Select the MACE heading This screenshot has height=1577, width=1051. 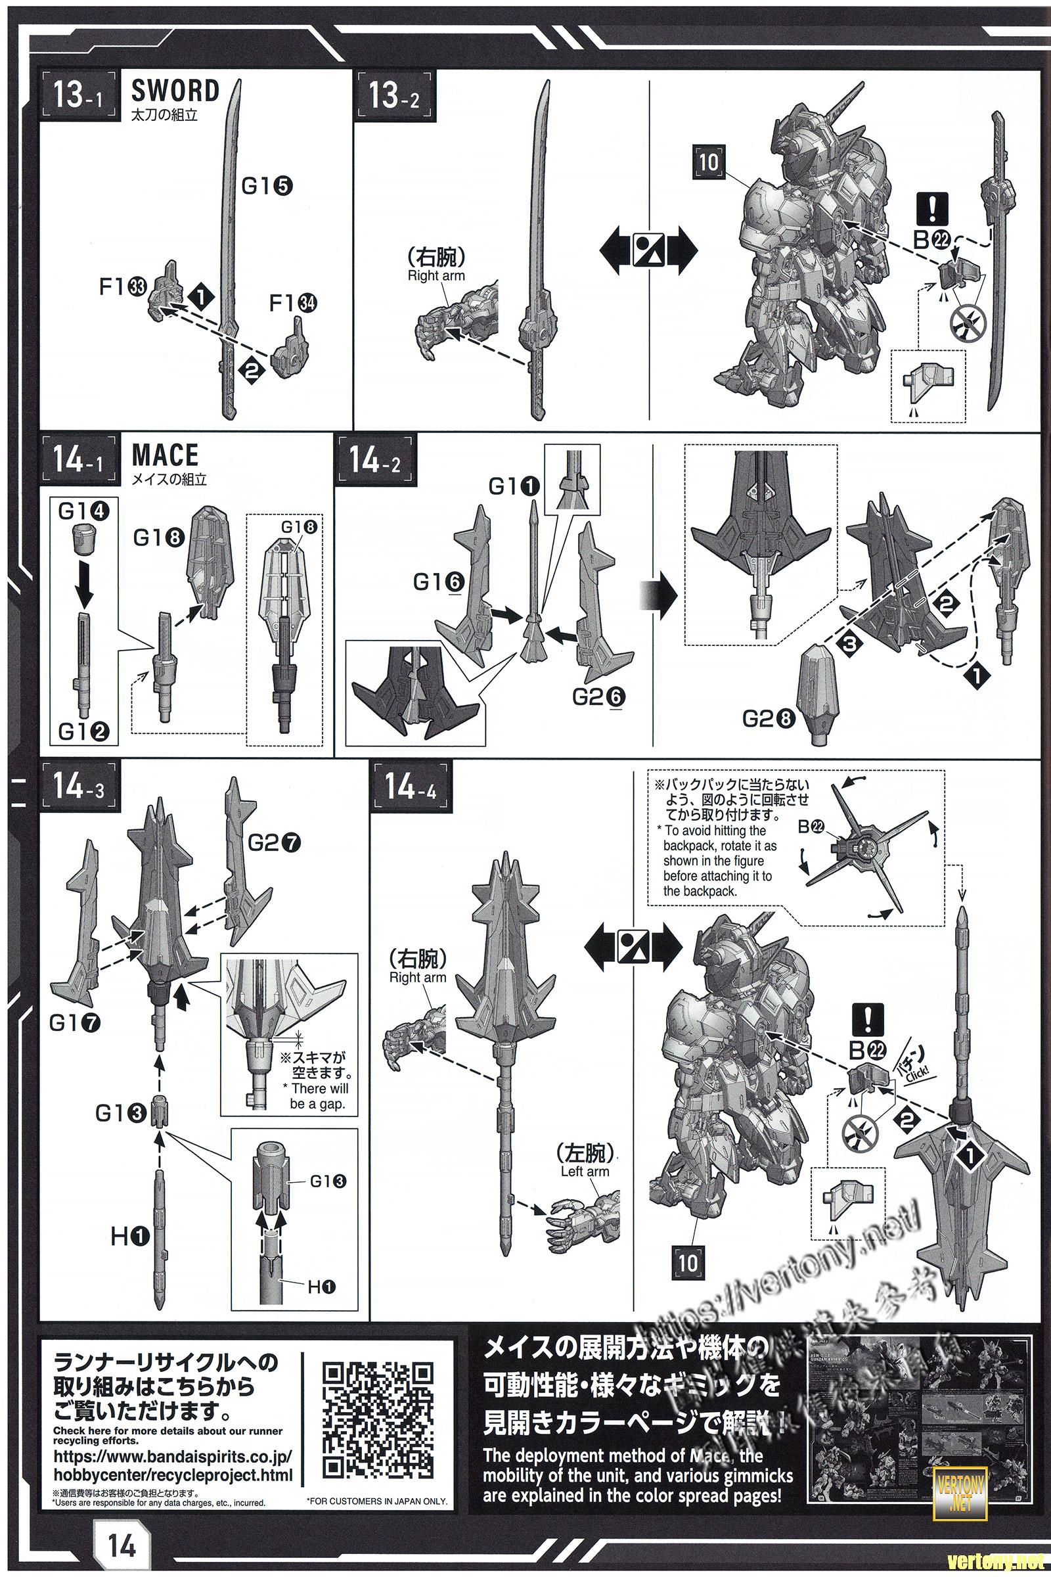(x=165, y=456)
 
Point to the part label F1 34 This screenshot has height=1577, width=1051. (x=293, y=304)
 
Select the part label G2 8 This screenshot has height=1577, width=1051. (x=769, y=720)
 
